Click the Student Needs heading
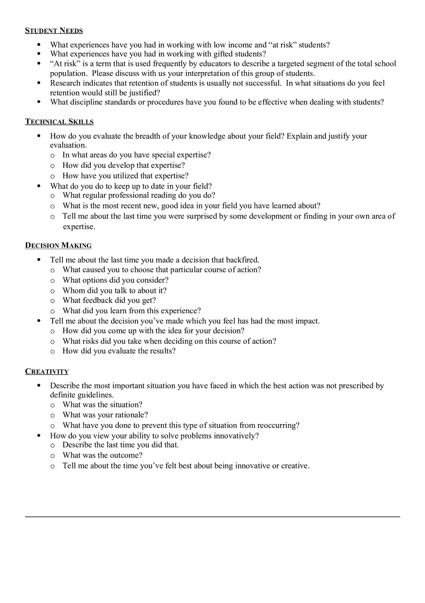[54, 31]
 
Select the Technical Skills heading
[59, 122]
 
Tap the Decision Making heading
[58, 246]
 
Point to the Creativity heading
[47, 371]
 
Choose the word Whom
[72, 291]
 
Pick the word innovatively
[234, 436]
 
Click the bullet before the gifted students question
[39, 54]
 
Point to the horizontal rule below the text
[212, 516]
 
